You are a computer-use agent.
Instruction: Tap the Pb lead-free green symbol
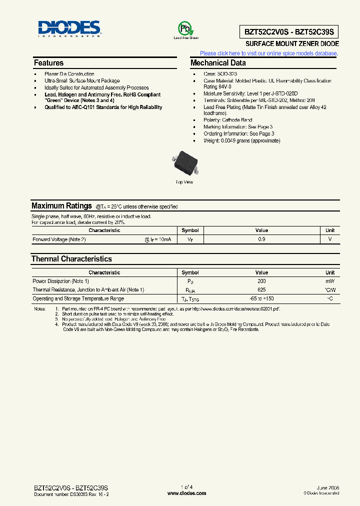(185, 28)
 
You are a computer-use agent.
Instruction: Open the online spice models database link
(269, 53)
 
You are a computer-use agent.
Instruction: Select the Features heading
(48, 63)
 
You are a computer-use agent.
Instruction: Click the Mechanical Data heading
(218, 63)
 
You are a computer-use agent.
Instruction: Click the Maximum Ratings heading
(61, 206)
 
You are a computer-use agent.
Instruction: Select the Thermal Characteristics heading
(71, 259)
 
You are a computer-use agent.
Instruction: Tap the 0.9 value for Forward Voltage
(261, 239)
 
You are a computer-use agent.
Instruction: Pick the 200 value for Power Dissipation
(261, 281)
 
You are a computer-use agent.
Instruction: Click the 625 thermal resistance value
(261, 290)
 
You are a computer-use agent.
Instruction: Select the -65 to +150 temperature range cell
(261, 298)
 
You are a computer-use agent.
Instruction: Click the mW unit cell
(330, 281)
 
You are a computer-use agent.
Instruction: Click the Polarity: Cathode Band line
(227, 120)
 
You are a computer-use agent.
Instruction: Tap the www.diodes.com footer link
(186, 493)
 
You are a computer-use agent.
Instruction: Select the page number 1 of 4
(186, 487)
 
